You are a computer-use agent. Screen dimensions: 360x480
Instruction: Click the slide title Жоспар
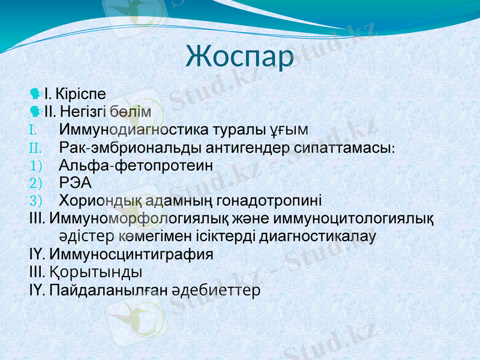[240, 56]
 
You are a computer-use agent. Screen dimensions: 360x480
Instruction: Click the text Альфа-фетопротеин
[137, 165]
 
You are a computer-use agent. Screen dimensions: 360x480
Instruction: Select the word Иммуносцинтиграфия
[131, 254]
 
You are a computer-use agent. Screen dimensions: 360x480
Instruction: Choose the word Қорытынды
[96, 272]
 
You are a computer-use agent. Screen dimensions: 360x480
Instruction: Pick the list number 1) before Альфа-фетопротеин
[36, 165]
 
